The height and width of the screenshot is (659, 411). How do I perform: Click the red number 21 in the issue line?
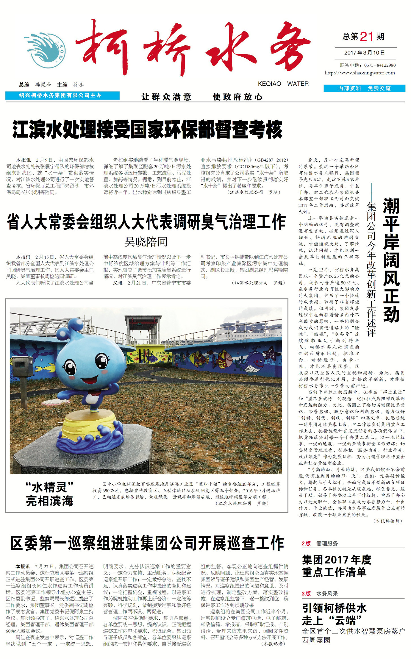[x=367, y=36]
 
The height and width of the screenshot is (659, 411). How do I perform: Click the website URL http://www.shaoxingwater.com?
[x=360, y=73]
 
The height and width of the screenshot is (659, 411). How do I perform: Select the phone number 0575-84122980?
[x=380, y=65]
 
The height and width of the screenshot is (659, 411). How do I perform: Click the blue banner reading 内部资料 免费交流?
[x=364, y=88]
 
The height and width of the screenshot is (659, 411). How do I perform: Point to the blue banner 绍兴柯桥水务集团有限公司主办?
[x=62, y=96]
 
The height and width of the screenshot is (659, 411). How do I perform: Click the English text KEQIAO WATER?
[x=283, y=84]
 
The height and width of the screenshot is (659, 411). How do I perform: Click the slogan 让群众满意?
[x=166, y=97]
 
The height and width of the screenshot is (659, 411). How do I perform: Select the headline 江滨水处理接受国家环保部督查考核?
[x=147, y=129]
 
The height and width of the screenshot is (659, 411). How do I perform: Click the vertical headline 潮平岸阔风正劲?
[x=391, y=260]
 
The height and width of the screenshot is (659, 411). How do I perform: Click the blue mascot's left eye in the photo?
[x=70, y=368]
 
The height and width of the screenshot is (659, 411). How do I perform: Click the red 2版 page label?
[x=306, y=543]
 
